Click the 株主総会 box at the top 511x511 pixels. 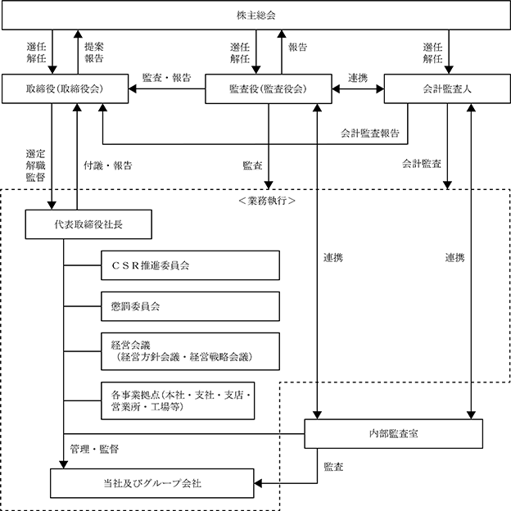click(256, 16)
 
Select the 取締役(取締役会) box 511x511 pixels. click(66, 88)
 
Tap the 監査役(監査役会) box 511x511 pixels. click(269, 89)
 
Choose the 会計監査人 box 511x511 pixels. click(447, 89)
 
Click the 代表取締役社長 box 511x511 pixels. click(88, 224)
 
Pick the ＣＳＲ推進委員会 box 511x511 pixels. click(190, 265)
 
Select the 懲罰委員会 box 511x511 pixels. click(190, 306)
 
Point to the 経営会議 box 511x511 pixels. click(190, 351)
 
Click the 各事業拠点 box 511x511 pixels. click(178, 400)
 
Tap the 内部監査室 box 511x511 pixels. click(394, 434)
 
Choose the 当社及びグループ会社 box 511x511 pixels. click(152, 483)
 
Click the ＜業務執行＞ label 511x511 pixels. click(267, 201)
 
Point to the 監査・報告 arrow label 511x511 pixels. click(166, 78)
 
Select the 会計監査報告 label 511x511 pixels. click(370, 133)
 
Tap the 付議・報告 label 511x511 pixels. click(108, 165)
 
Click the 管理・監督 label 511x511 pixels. click(94, 449)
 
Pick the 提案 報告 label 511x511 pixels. click(94, 52)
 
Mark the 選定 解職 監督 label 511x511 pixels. click(35, 165)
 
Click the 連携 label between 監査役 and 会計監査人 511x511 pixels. click(358, 78)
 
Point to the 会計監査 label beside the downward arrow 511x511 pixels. click(422, 164)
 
